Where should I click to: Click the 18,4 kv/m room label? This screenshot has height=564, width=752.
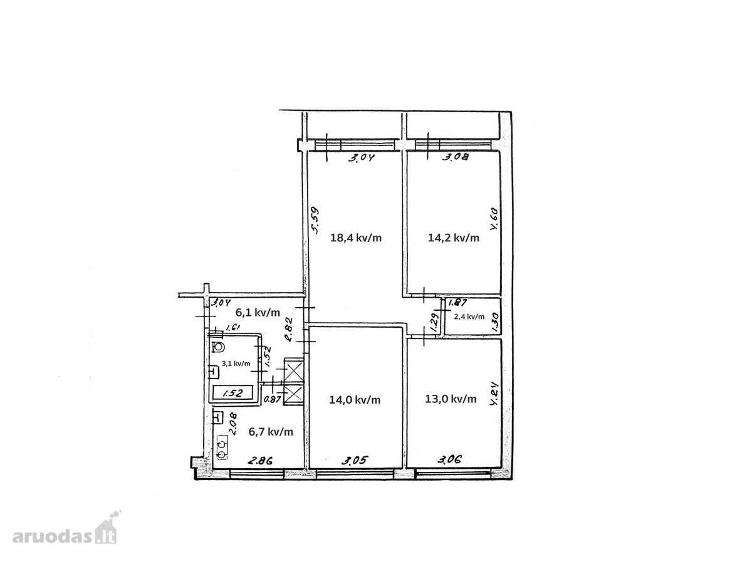tap(355, 238)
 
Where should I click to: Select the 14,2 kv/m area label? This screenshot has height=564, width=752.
tap(453, 238)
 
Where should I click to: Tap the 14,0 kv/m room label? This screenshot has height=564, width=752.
tap(355, 400)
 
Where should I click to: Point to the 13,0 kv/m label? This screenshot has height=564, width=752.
tap(451, 399)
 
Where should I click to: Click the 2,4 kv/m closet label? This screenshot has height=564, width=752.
tap(469, 316)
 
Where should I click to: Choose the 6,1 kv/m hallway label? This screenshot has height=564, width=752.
tap(258, 312)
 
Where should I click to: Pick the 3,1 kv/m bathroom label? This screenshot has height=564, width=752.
tap(236, 363)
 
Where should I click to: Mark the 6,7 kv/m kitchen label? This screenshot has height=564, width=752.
tap(271, 432)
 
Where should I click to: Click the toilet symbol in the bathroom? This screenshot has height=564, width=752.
tap(218, 347)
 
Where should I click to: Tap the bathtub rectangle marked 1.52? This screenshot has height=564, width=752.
tap(233, 393)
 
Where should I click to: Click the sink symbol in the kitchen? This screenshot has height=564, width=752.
tap(217, 418)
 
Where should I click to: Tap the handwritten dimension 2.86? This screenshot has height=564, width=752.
tap(260, 461)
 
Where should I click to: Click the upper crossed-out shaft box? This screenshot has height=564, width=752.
tap(294, 370)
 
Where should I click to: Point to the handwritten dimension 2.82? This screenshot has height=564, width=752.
tap(289, 330)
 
